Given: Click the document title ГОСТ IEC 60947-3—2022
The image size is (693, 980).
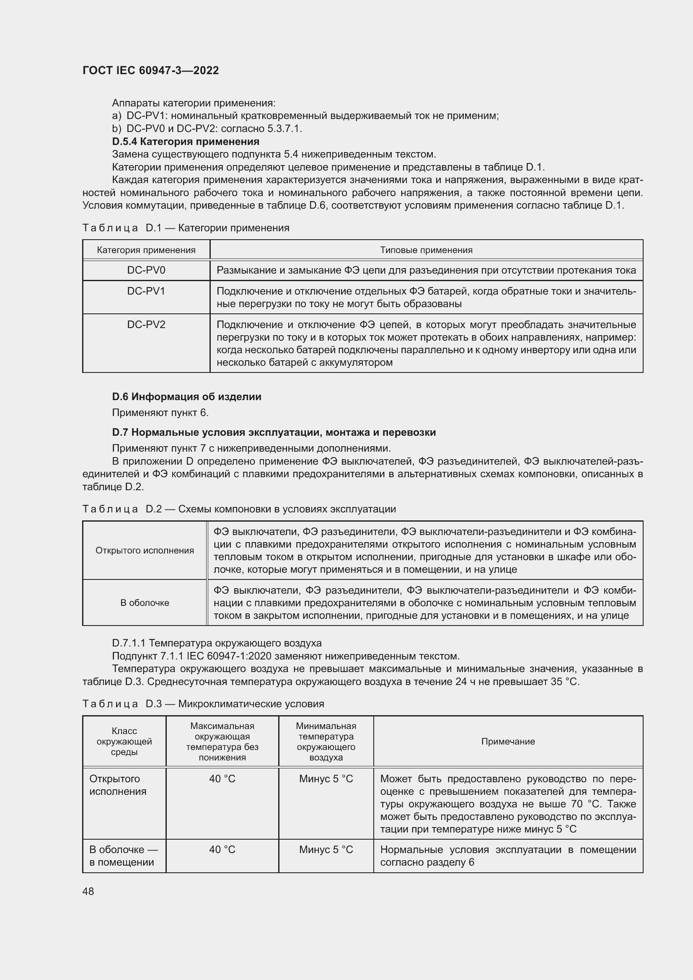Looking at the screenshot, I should pos(151,70).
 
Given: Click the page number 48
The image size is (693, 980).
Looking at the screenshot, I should pos(88,892).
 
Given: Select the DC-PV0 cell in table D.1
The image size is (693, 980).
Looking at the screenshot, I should pos(146,270).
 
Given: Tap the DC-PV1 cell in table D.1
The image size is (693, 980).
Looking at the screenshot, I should pos(146,291).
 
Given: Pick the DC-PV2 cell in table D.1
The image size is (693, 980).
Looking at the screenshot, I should pos(146,325).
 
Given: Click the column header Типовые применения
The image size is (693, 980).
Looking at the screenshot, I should pos(426,250).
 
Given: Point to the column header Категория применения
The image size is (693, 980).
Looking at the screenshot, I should pos(146,250).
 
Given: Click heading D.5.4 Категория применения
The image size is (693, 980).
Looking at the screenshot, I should pos(186,141).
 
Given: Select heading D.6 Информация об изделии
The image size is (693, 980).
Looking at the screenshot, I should pos(186,396).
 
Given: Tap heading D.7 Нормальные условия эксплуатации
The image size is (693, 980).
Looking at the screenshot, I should pos(274,432).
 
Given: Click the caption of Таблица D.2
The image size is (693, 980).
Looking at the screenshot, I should pos(239,509).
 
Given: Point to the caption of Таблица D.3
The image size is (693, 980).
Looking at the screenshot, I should pos(203,704).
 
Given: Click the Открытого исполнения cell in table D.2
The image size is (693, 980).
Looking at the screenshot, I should pos(145,551).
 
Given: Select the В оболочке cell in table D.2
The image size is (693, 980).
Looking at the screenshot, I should pos(145,602).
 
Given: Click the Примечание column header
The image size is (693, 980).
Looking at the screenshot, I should pos(508,742).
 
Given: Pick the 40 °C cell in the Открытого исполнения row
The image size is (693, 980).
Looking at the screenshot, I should pos(222,779).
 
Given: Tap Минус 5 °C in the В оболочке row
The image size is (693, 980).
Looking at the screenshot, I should pos(326,849).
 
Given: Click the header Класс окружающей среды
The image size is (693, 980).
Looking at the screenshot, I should pos(124,742).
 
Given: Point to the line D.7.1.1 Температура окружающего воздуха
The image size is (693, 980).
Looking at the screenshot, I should pos(217,643).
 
